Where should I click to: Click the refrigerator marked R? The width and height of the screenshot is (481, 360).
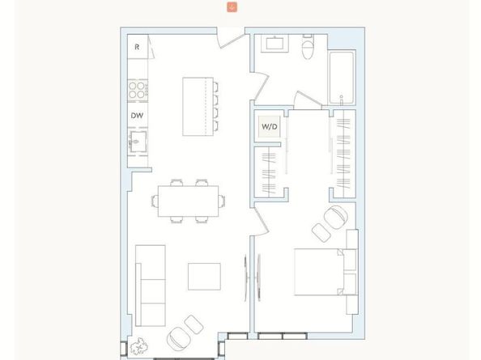coord(138,47)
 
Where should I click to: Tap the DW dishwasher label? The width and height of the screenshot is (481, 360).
coord(138,116)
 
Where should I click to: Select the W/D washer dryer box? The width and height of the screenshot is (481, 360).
coord(268,127)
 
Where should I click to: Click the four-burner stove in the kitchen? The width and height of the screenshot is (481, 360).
coord(139,87)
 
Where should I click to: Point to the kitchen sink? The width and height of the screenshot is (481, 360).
coord(137,145)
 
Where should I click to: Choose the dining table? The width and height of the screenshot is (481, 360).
coord(188,200)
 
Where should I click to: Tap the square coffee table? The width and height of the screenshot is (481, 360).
coord(205,275)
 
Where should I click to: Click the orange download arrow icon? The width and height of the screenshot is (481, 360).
coord(232,6)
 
